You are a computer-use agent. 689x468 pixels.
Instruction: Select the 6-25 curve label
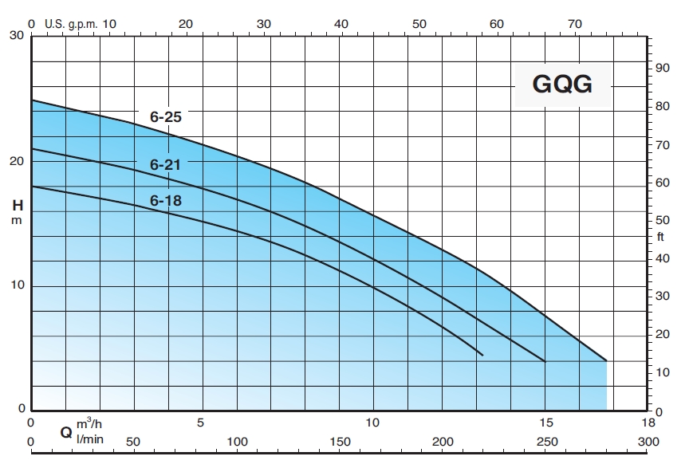point(166,116)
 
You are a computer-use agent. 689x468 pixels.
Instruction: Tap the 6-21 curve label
point(166,165)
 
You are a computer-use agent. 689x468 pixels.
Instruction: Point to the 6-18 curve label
point(166,201)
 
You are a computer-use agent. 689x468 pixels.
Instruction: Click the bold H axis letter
point(17,205)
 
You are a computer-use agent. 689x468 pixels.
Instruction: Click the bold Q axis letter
point(66,433)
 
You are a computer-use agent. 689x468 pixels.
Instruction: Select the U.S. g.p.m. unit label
point(71,24)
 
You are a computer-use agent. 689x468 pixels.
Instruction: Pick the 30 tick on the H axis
point(16,36)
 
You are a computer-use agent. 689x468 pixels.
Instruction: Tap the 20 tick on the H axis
point(16,161)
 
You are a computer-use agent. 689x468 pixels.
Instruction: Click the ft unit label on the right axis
point(660,238)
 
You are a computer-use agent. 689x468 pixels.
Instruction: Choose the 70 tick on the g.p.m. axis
point(575,24)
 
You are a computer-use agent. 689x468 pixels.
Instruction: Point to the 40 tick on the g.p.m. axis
point(341,24)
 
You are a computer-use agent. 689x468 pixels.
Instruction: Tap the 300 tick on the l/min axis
point(648,442)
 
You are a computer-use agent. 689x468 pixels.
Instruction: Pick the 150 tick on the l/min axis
point(341,442)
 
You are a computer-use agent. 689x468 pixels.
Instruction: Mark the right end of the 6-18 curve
point(482,354)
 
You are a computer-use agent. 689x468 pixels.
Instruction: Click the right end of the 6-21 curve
point(545,360)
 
